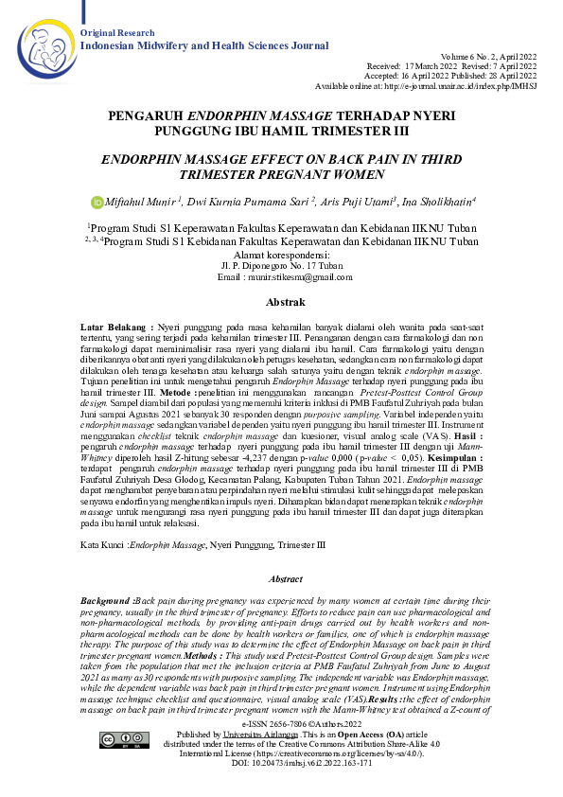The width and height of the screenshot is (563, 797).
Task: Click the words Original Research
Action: (x=117, y=33)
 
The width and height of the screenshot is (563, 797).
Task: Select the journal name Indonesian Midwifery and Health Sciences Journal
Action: (x=204, y=44)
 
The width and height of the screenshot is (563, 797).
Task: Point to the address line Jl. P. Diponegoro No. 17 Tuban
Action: (x=282, y=266)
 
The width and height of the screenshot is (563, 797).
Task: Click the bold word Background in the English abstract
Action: (x=106, y=601)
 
